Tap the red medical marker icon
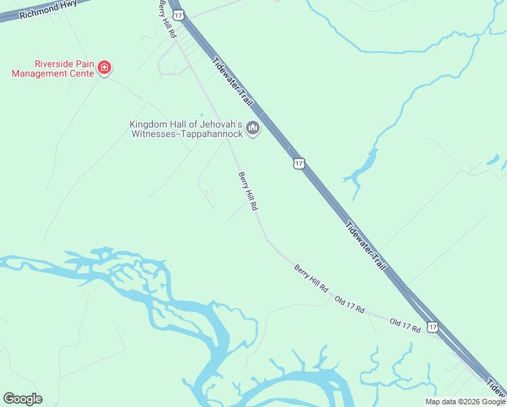point(104,67)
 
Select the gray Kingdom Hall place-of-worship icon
point(253,128)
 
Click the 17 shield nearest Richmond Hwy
point(177,15)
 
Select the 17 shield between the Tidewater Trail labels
point(300,163)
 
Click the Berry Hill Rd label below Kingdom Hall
point(247,191)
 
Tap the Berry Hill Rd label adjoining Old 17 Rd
point(310,279)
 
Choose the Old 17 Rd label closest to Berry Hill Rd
point(350,305)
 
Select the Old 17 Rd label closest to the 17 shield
point(405,325)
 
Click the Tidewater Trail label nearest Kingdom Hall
point(232,81)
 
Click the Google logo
point(23,399)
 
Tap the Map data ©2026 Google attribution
point(465,402)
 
